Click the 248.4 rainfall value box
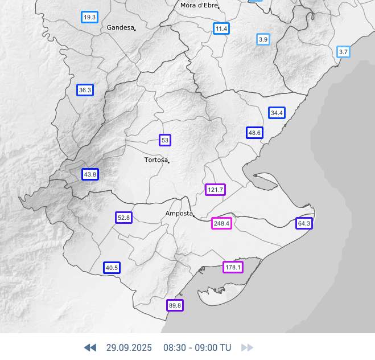(221, 223)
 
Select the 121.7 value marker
(215, 190)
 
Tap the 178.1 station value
(233, 267)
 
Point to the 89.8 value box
(175, 305)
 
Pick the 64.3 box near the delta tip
(304, 223)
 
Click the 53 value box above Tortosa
(165, 140)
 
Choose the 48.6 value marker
(254, 133)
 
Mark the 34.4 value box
(277, 113)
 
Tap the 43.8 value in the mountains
(90, 174)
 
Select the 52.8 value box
(123, 218)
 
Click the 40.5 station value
(112, 268)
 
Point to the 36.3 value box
(85, 90)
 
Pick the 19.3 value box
(89, 17)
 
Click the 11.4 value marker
(221, 28)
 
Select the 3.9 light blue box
(263, 39)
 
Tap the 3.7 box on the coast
(343, 52)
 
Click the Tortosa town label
(156, 160)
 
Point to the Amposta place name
(179, 214)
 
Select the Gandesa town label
(120, 27)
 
